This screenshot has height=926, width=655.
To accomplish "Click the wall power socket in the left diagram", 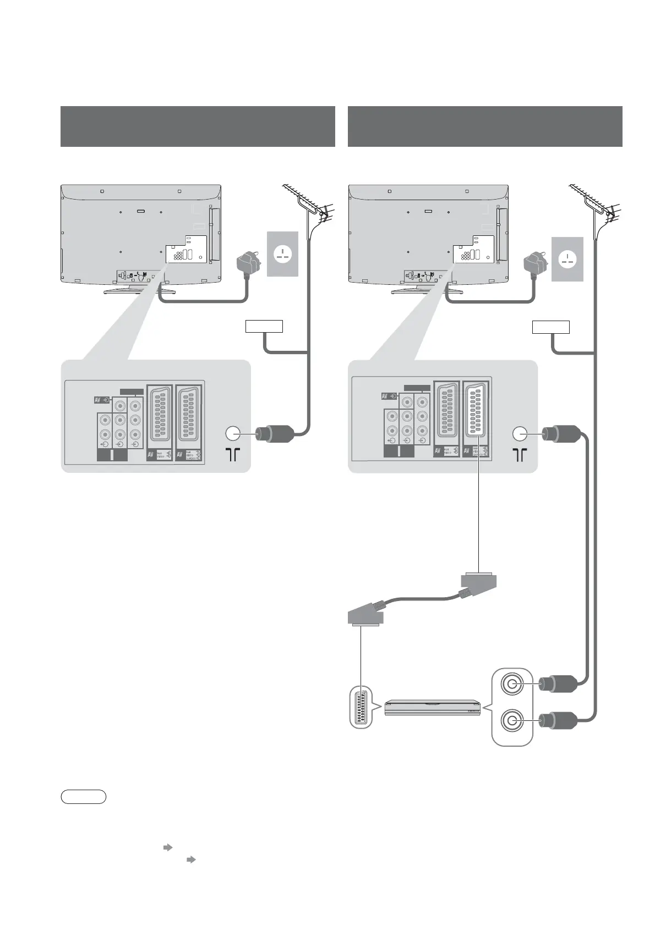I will [282, 253].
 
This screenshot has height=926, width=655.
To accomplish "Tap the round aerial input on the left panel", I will [232, 434].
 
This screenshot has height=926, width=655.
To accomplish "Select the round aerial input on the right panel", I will [520, 434].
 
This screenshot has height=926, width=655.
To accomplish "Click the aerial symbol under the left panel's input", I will [233, 454].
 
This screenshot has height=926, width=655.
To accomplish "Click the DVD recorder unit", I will [432, 708].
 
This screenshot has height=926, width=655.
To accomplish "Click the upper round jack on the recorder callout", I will [512, 685].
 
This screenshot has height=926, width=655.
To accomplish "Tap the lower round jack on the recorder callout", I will [512, 720].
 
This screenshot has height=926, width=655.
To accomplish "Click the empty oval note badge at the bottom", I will [83, 797].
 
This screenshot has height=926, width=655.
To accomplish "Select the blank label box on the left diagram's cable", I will [264, 327].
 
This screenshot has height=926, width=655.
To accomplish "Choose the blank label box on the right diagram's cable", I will [550, 327].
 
